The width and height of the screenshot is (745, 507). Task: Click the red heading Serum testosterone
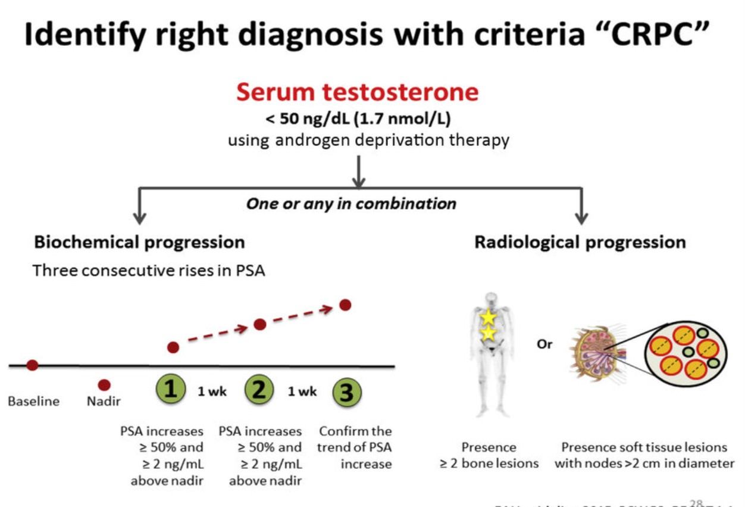357,92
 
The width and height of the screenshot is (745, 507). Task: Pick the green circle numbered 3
347,393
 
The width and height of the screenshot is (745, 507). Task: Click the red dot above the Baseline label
32,365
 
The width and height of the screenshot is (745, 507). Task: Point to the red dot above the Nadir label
104,385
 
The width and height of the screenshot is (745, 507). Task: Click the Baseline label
33,401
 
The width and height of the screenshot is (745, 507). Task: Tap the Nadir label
104,401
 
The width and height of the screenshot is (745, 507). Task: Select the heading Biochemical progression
139,242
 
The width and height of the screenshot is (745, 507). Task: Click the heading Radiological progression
580,242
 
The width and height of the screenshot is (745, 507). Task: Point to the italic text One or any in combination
351,204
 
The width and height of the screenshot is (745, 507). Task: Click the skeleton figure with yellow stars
489,352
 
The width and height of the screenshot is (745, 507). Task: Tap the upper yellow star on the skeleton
489,318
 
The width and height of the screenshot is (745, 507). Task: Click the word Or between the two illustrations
544,344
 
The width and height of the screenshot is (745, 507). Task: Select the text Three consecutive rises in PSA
149,270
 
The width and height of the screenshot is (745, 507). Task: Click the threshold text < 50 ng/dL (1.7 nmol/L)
358,119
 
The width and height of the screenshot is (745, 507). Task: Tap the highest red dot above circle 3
345,304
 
